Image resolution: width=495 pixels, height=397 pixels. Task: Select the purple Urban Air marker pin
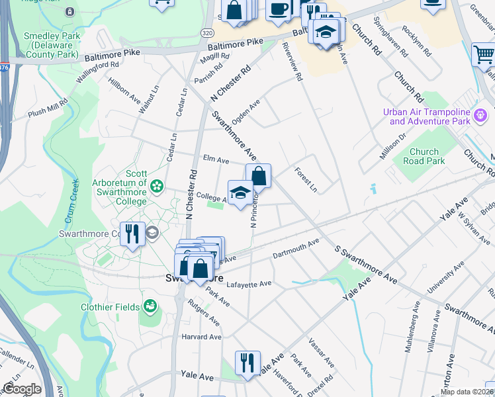pyautogui.click(x=481, y=116)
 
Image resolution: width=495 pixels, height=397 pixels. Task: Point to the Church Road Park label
pyautogui.click(x=424, y=156)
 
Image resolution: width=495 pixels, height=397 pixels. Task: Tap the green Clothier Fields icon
pyautogui.click(x=151, y=306)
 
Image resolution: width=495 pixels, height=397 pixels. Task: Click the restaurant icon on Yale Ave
pyautogui.click(x=248, y=363)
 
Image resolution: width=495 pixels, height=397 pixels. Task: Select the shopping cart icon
pyautogui.click(x=484, y=55)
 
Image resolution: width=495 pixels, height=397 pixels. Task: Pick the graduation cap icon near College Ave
pyautogui.click(x=240, y=193)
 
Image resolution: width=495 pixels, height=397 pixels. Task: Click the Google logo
pyautogui.click(x=21, y=389)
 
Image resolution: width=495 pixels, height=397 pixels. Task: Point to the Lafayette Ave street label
pyautogui.click(x=249, y=284)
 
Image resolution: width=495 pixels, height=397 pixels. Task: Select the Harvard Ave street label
pyautogui.click(x=201, y=337)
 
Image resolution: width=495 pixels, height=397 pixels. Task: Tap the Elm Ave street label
pyautogui.click(x=216, y=160)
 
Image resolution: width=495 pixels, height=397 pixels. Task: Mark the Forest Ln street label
pyautogui.click(x=306, y=179)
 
